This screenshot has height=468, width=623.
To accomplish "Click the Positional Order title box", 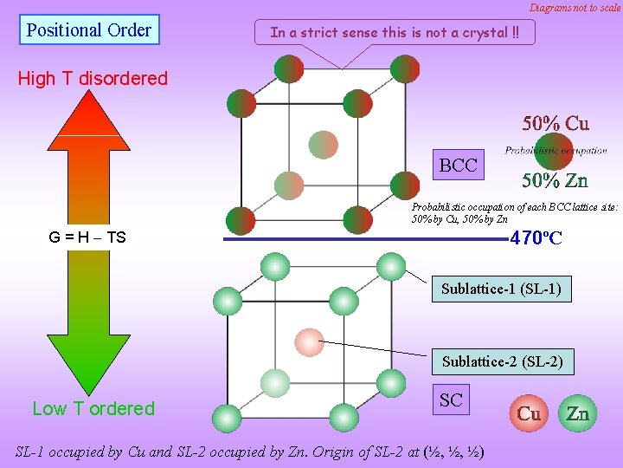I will (x=88, y=30).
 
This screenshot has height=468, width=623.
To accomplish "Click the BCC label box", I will (x=458, y=165).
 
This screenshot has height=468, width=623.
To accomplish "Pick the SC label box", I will (x=450, y=400).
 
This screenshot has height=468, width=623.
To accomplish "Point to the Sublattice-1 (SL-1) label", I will (x=501, y=289).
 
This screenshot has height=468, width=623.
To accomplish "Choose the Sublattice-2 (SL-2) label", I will (x=502, y=361).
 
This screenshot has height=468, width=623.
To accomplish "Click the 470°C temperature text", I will (x=536, y=237).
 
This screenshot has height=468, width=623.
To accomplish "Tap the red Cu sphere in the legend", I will (x=529, y=413).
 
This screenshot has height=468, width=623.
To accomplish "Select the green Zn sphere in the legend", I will (x=577, y=413).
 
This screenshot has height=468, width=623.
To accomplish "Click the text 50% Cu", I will (x=555, y=123).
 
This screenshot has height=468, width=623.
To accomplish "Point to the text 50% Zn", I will (x=555, y=180).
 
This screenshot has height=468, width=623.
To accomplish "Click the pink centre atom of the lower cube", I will (x=309, y=342).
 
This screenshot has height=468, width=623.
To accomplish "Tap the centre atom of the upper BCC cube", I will (x=323, y=144).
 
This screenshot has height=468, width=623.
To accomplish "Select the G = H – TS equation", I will (x=87, y=237).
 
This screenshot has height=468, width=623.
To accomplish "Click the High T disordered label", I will (x=93, y=78).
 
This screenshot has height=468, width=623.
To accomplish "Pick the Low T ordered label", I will (x=93, y=408).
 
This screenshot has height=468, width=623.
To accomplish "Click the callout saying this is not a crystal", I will (x=395, y=32).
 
